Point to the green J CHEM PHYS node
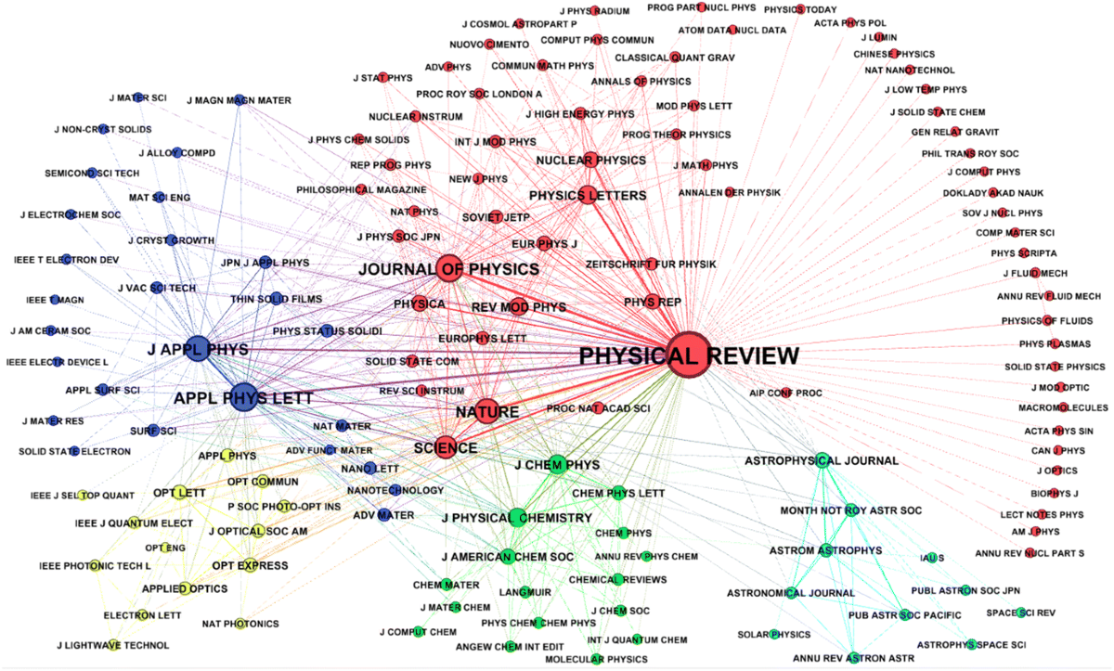pyautogui.click(x=557, y=465)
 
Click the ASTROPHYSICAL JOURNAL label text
pyautogui.click(x=822, y=460)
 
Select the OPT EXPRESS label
pyautogui.click(x=250, y=565)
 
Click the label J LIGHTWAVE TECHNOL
pyautogui.click(x=112, y=645)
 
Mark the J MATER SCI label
pyautogui.click(x=137, y=97)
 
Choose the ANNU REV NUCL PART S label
pyautogui.click(x=1030, y=553)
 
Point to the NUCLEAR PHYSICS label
pyautogui.click(x=590, y=161)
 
